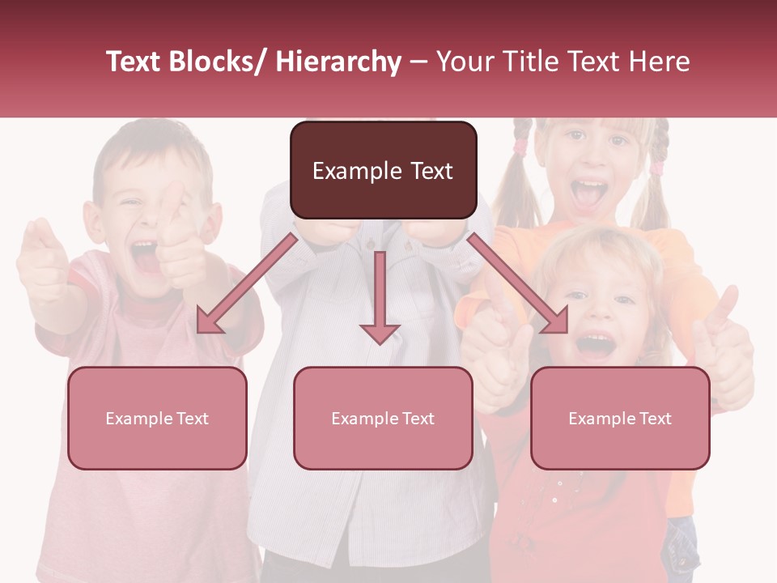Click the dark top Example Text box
tap(383, 170)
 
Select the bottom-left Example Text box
tap(157, 418)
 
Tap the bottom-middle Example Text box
tap(383, 418)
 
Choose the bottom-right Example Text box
tap(620, 418)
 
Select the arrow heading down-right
tap(518, 283)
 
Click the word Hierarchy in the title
tap(338, 62)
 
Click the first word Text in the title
tap(136, 62)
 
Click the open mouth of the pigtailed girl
tap(588, 193)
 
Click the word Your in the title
tap(465, 62)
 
